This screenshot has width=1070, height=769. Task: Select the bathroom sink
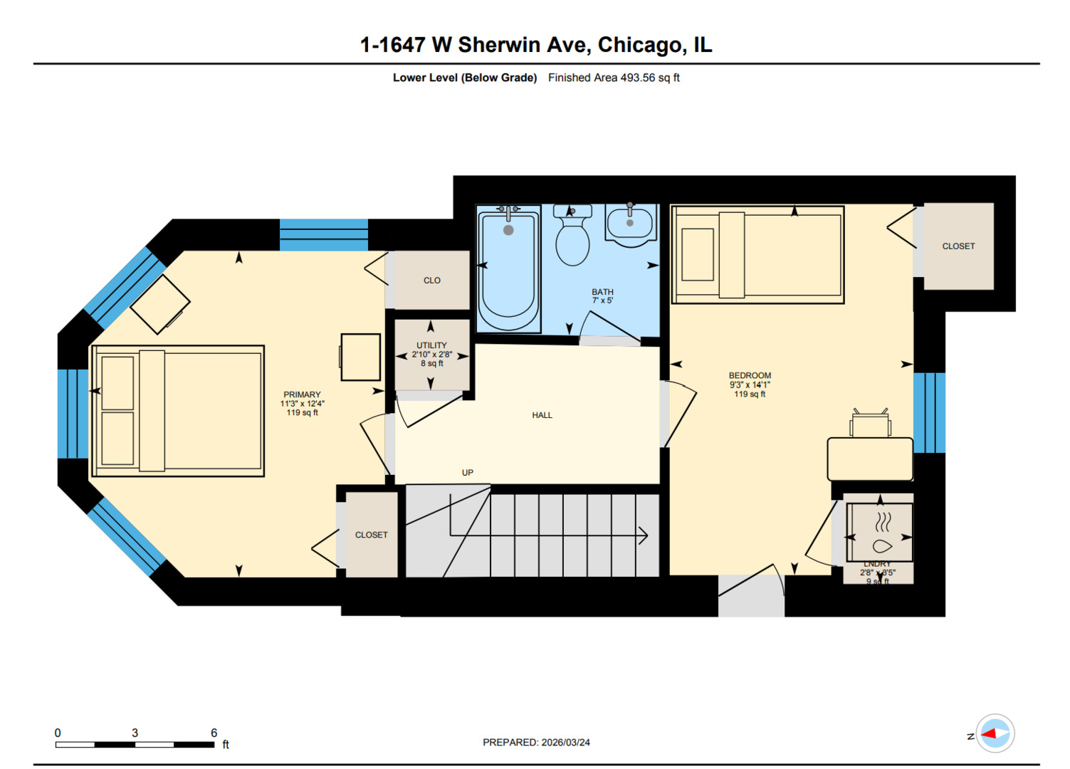(x=630, y=224)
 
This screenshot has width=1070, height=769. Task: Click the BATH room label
(x=602, y=292)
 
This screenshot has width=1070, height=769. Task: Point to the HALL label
(x=542, y=415)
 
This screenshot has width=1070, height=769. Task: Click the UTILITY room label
(x=431, y=345)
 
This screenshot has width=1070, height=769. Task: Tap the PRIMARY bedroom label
(x=302, y=394)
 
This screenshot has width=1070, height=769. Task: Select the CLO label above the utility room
(x=431, y=281)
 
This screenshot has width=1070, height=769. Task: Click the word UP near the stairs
(x=468, y=473)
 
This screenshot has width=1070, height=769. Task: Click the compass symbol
(x=995, y=733)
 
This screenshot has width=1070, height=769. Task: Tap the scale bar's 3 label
(x=135, y=733)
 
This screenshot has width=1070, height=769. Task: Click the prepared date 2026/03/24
(x=565, y=742)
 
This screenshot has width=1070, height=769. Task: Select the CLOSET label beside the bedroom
(x=958, y=246)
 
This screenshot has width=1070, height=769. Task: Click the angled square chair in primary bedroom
(x=160, y=304)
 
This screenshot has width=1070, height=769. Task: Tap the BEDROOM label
(x=750, y=375)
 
